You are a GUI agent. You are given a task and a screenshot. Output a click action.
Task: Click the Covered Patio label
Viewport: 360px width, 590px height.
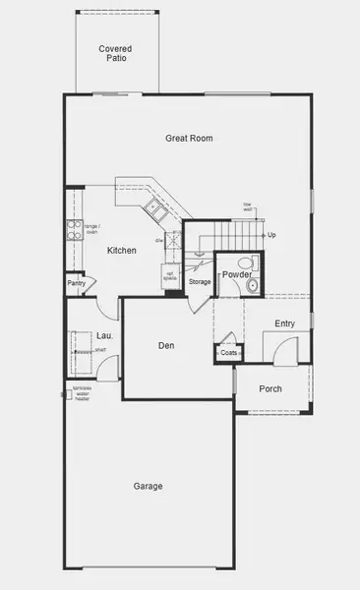pos(114,52)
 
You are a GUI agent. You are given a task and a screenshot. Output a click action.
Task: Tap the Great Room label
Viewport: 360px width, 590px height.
pos(189,139)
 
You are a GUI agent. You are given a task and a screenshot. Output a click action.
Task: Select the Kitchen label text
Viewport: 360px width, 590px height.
pos(121,251)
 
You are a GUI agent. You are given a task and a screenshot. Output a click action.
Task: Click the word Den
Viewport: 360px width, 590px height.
pos(167,345)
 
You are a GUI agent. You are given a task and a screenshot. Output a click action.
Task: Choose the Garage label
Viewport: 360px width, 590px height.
pos(149,486)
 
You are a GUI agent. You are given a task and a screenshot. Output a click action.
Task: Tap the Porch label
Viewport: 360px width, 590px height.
pos(270,389)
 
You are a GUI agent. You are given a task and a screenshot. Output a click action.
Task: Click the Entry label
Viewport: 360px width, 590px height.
pos(285,324)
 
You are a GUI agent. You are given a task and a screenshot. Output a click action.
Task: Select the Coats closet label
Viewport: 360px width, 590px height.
pos(228,352)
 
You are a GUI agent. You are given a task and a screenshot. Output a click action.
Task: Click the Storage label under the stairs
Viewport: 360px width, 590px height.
pos(200,283)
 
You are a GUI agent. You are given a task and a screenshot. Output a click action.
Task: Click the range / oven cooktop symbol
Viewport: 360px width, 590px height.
pos(74,230)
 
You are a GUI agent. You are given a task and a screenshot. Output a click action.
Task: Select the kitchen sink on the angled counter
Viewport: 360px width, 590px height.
pos(154,206)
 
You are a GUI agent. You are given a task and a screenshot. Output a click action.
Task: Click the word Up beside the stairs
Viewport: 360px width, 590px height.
pos(271,235)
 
